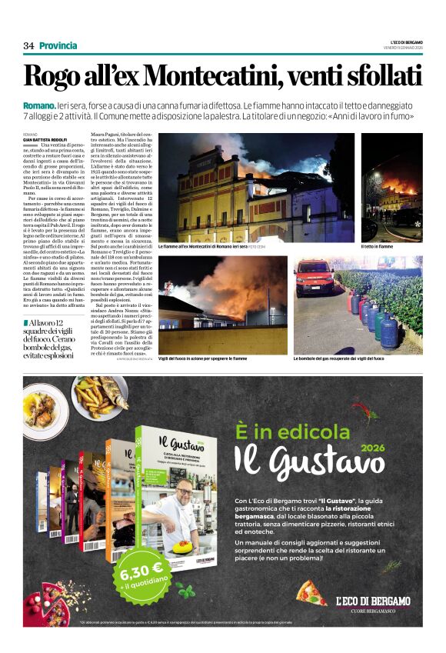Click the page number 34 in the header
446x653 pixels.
(x=28, y=45)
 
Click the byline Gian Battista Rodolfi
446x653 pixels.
(x=45, y=138)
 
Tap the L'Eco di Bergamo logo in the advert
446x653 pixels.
(x=372, y=601)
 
